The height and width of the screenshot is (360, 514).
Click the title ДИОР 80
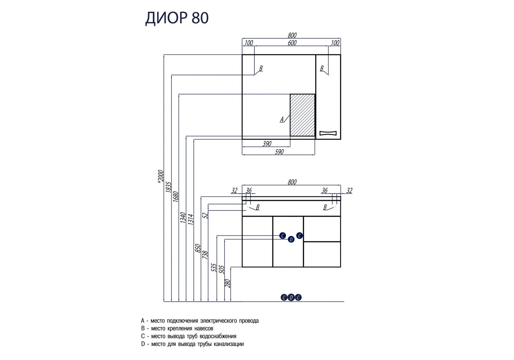(177, 18)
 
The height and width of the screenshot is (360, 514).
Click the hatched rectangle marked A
(302, 115)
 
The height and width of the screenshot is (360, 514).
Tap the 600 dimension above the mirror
(292, 43)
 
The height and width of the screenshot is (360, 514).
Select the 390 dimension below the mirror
(267, 143)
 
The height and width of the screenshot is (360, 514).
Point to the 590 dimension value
(279, 152)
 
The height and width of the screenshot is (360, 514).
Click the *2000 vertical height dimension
(161, 176)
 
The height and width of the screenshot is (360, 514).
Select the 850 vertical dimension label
(198, 249)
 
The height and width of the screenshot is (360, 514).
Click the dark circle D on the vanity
(291, 239)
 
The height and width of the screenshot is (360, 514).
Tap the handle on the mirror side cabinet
(328, 133)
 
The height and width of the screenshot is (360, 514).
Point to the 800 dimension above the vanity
(292, 182)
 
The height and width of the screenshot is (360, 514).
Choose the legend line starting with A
(200, 321)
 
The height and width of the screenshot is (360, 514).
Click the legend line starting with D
(192, 344)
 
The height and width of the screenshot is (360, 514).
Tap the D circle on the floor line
(291, 298)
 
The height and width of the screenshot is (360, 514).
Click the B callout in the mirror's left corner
(261, 69)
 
